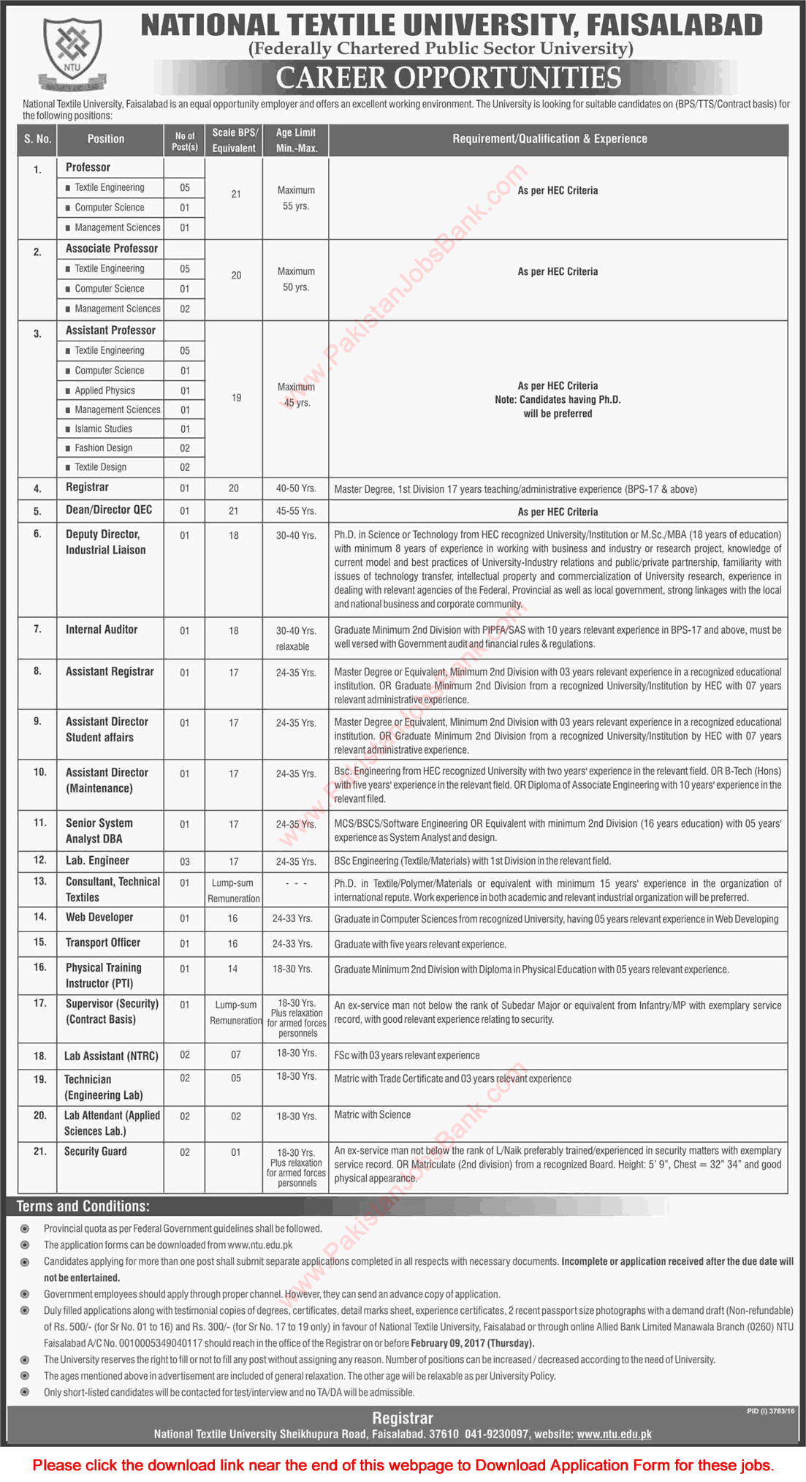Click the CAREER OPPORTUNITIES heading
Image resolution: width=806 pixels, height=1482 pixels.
pyautogui.click(x=449, y=78)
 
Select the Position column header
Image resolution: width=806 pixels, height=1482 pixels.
pyautogui.click(x=106, y=139)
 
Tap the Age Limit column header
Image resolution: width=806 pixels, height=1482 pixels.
pyautogui.click(x=295, y=140)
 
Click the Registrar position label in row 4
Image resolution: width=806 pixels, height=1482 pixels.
pyautogui.click(x=87, y=488)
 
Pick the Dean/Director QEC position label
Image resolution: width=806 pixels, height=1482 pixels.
pyautogui.click(x=108, y=510)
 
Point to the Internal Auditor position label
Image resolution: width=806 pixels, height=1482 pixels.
pyautogui.click(x=102, y=630)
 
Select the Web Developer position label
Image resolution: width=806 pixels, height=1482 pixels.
pyautogui.click(x=99, y=918)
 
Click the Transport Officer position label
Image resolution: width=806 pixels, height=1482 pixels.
pyautogui.click(x=103, y=943)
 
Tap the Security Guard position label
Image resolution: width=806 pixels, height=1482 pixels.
pyautogui.click(x=96, y=1152)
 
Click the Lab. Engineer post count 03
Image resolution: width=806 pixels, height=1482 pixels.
pyautogui.click(x=185, y=862)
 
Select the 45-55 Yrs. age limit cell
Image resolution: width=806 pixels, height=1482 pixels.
pyautogui.click(x=296, y=512)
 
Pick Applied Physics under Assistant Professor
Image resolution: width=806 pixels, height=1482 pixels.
pyautogui.click(x=104, y=390)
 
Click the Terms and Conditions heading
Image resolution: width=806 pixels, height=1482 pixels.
pyautogui.click(x=83, y=1206)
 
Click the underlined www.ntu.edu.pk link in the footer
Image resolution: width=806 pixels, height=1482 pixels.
pyautogui.click(x=614, y=1434)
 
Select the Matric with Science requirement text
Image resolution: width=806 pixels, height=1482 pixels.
pyautogui.click(x=373, y=1115)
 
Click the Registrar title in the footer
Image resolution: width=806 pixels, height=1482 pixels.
pyautogui.click(x=403, y=1418)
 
